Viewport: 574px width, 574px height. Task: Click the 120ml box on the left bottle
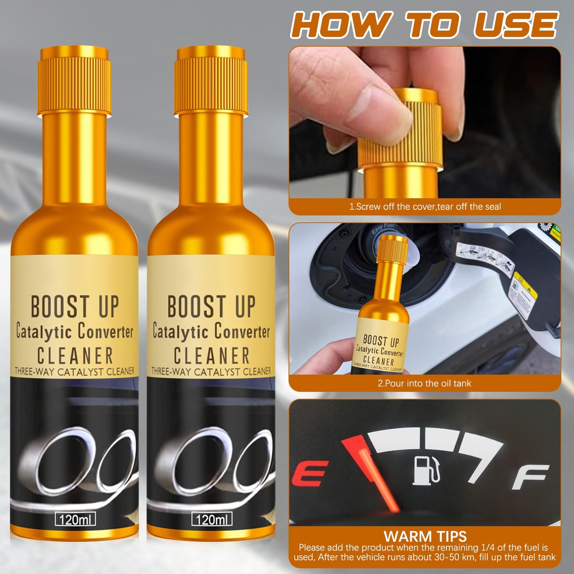[x=75, y=519]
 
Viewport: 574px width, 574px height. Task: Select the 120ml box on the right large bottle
[x=212, y=519]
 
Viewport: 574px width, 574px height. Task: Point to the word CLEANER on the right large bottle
[x=211, y=356]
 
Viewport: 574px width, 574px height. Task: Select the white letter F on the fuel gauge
[x=531, y=477]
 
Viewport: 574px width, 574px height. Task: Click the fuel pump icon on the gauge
[x=427, y=470]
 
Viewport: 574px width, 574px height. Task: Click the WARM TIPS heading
[x=425, y=536]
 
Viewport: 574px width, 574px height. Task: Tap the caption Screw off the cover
[x=425, y=207]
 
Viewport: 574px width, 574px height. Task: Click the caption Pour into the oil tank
[x=424, y=383]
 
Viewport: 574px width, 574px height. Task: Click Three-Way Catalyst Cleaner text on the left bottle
[x=75, y=372]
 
